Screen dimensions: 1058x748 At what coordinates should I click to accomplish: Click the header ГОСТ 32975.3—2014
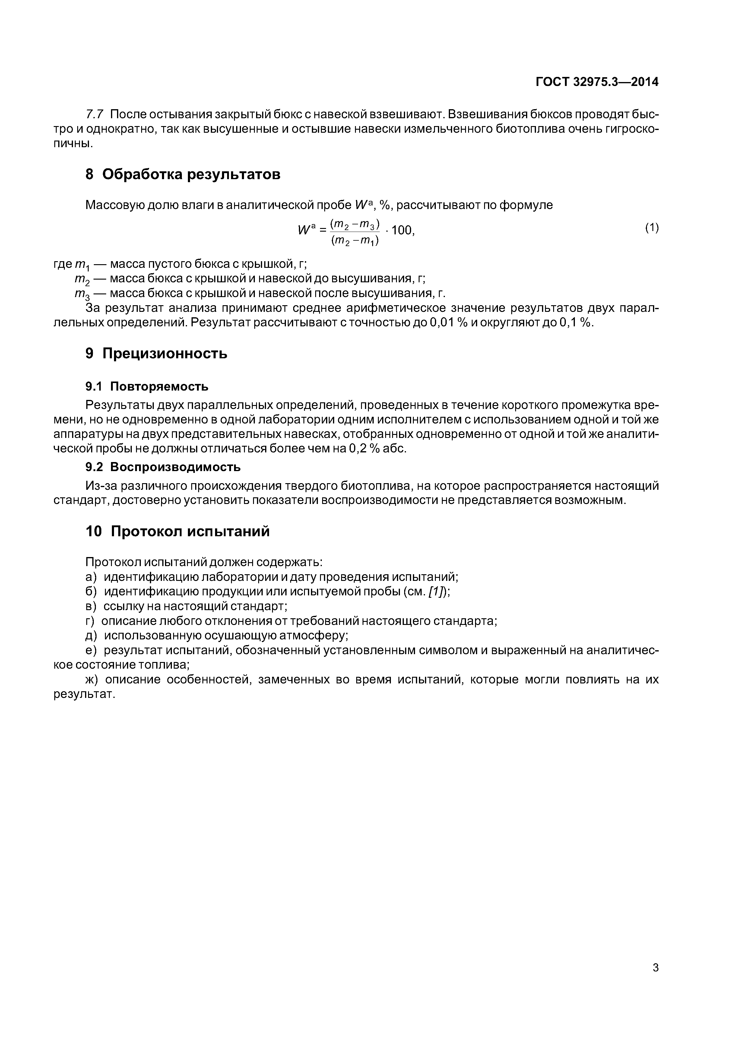(597, 82)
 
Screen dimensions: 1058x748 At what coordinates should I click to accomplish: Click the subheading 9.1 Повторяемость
(147, 386)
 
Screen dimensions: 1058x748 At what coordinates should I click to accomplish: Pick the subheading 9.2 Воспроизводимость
(163, 467)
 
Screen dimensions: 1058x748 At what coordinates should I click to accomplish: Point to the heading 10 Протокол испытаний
(177, 531)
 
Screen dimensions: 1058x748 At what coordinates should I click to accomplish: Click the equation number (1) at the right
(652, 228)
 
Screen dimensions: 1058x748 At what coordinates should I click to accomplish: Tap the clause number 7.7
(95, 114)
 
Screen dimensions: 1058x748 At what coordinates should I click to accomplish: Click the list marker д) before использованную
(92, 635)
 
